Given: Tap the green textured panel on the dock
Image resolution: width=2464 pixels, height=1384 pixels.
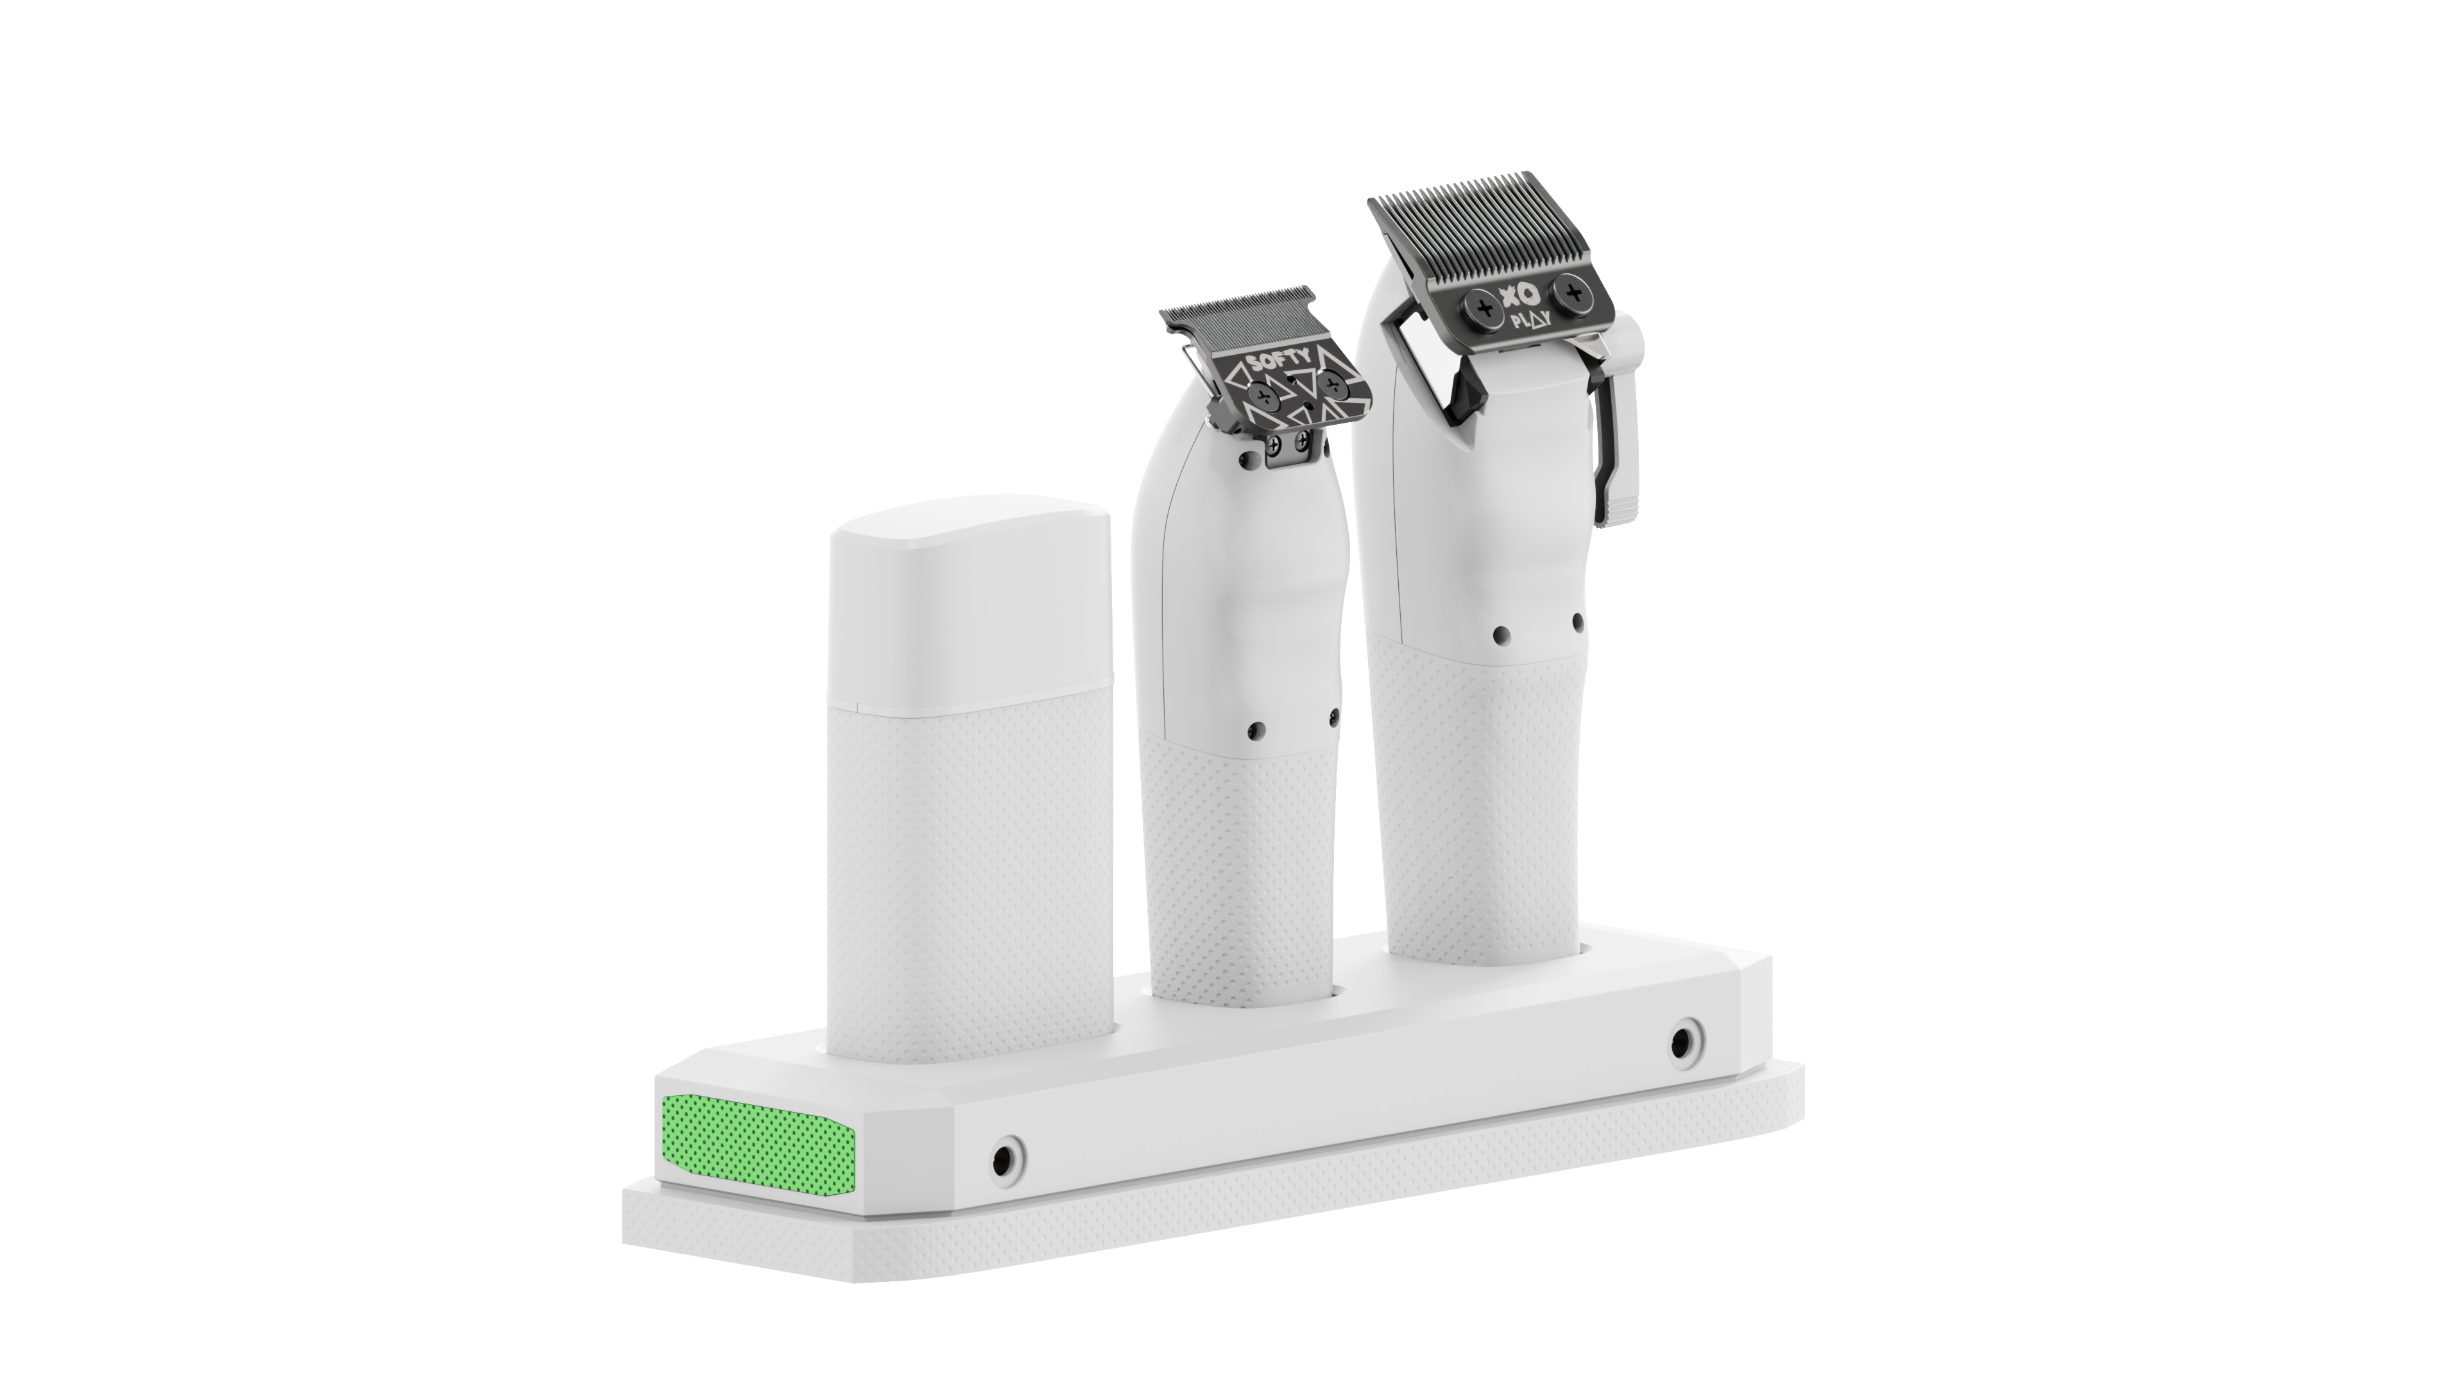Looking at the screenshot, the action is pyautogui.click(x=756, y=1147).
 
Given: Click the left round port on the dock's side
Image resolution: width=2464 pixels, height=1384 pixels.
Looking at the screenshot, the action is pyautogui.click(x=1004, y=1159).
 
